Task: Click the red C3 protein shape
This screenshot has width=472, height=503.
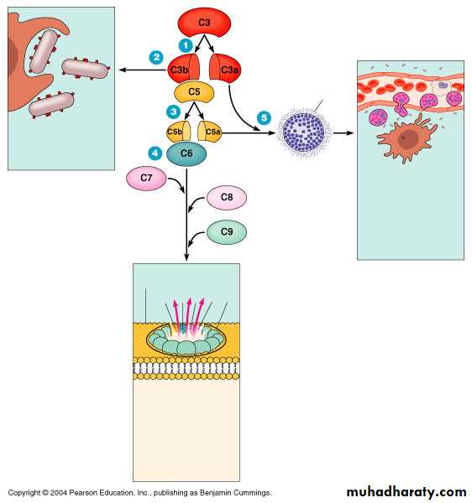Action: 204,23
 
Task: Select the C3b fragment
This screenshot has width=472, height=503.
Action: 183,69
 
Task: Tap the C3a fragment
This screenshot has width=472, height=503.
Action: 225,69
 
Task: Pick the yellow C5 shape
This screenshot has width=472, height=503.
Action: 194,92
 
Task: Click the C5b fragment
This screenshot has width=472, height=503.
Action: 179,132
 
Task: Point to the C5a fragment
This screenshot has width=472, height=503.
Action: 209,132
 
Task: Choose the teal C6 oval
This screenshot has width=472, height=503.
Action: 186,153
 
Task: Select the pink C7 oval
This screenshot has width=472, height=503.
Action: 146,179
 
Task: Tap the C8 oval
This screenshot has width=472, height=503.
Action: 227,197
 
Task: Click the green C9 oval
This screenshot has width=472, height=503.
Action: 227,232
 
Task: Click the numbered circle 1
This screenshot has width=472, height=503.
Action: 186,45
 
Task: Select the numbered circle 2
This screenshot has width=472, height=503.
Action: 156,57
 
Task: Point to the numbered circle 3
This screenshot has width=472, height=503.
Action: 174,111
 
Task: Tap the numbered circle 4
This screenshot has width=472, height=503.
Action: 155,153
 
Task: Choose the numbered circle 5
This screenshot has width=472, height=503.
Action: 264,117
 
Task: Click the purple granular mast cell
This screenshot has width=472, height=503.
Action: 304,132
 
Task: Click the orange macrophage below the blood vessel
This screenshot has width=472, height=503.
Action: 407,139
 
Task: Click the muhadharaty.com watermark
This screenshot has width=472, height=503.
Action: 406,492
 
